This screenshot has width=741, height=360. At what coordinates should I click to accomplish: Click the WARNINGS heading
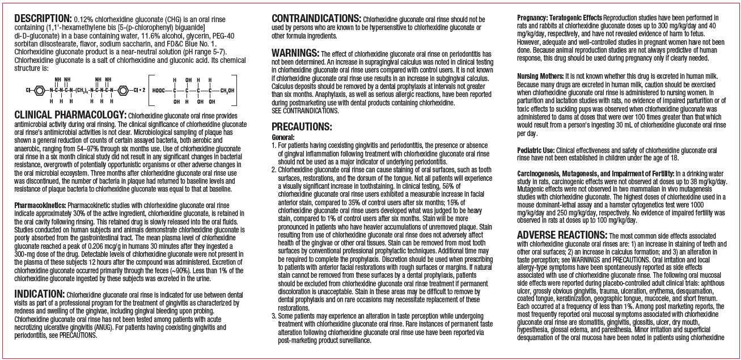295,52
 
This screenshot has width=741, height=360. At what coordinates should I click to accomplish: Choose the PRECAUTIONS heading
302,126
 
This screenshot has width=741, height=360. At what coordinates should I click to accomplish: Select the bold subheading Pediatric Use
536,150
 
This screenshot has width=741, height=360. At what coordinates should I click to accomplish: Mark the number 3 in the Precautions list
274,314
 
